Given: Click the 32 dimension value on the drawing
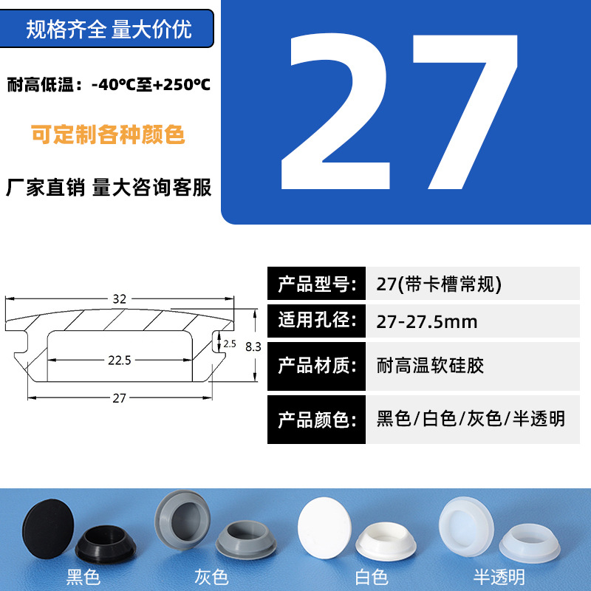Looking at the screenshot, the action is click(x=120, y=299).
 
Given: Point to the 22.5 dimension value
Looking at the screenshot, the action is click(x=120, y=361).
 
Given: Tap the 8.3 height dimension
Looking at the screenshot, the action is click(x=253, y=346).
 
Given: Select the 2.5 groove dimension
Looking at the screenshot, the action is click(x=230, y=344).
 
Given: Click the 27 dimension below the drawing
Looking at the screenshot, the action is click(x=119, y=398).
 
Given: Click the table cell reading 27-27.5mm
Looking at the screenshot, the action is click(x=473, y=321).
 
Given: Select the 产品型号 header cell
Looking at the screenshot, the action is click(x=317, y=284).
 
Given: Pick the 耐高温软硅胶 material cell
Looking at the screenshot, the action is click(x=473, y=366).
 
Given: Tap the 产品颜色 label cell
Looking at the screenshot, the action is click(x=317, y=420).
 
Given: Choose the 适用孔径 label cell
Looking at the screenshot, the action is click(x=317, y=321).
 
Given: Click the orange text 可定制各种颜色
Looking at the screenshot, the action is click(x=108, y=134).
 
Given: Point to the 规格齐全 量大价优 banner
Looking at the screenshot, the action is click(x=107, y=29).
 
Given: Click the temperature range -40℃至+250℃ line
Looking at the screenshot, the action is click(x=109, y=84).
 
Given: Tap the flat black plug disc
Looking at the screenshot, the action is click(x=48, y=528).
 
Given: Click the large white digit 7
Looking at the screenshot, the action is click(x=466, y=112).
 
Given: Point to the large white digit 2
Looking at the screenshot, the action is click(x=335, y=112).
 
